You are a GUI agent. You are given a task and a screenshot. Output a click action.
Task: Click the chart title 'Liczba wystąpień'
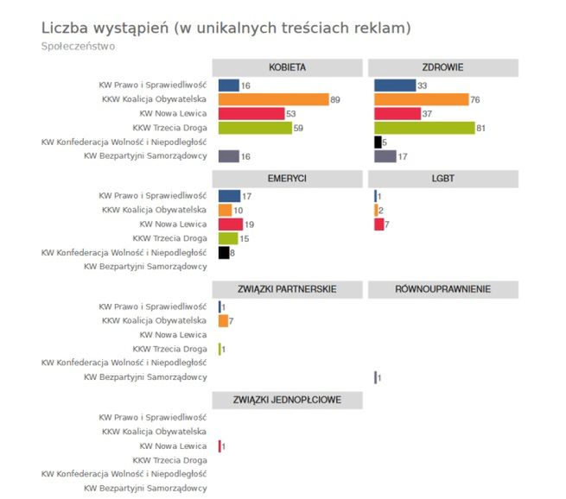click(104, 28)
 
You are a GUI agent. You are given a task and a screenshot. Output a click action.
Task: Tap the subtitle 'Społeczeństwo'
click(78, 46)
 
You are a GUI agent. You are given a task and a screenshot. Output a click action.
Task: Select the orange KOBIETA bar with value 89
click(273, 99)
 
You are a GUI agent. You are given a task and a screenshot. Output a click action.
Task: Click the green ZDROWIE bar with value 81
click(424, 128)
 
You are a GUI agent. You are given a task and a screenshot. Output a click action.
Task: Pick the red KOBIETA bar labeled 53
click(251, 114)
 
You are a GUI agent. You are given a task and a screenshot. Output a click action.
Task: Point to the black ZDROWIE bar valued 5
click(378, 142)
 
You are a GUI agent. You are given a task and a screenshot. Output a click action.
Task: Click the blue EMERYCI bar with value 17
click(229, 196)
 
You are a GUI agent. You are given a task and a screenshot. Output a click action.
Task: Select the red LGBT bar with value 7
click(378, 224)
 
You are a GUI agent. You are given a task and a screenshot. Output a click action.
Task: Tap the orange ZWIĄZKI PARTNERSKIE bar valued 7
click(223, 321)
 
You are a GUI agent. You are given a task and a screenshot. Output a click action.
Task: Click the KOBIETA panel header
click(288, 67)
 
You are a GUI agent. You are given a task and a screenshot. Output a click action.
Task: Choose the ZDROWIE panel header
click(442, 67)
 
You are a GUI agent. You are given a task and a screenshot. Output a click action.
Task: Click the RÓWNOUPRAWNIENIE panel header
click(442, 289)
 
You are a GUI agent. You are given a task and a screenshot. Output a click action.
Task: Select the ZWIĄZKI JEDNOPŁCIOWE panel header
click(288, 400)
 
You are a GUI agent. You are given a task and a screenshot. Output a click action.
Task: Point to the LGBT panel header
click(442, 179)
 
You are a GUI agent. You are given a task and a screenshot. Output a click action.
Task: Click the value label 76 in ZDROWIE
click(476, 100)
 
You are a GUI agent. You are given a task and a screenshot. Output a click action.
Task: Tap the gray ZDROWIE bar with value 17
click(385, 156)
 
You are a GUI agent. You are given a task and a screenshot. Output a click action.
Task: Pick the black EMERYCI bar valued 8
click(224, 253)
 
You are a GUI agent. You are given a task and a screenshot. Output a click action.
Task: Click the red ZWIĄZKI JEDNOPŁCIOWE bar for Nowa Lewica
click(219, 446)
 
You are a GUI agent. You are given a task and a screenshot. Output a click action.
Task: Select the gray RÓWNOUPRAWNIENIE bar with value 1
click(375, 377)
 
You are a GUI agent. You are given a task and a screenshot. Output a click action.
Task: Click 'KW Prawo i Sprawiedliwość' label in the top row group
click(152, 85)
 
